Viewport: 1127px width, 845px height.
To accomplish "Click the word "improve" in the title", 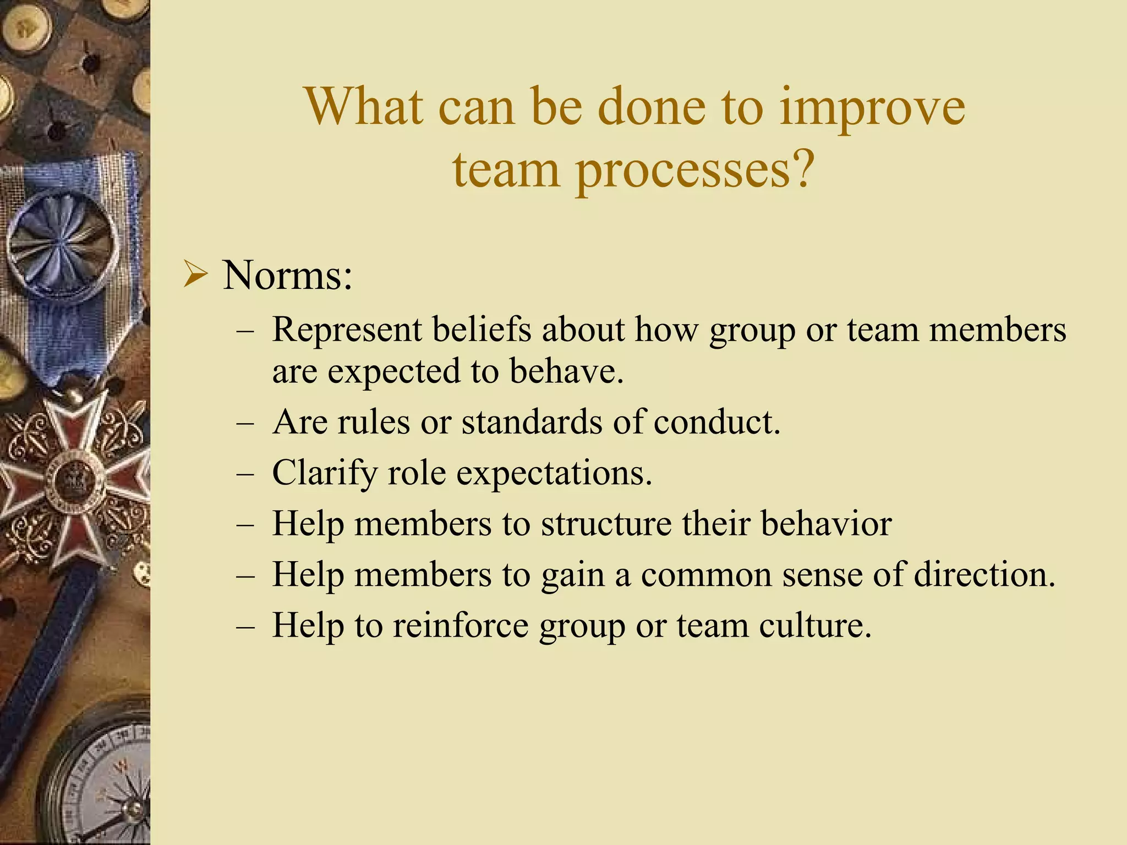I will (x=872, y=108).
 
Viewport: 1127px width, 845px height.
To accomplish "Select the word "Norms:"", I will (x=287, y=275).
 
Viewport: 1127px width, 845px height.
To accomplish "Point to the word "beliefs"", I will (x=482, y=330).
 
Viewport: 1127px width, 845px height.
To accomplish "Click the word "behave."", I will (x=566, y=371).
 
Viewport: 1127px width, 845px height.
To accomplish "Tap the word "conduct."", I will (x=717, y=422).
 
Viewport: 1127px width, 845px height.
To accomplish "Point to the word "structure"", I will (x=606, y=524).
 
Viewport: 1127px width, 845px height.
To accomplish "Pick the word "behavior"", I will (x=826, y=524).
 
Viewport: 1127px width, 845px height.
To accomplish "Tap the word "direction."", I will (x=984, y=575).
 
